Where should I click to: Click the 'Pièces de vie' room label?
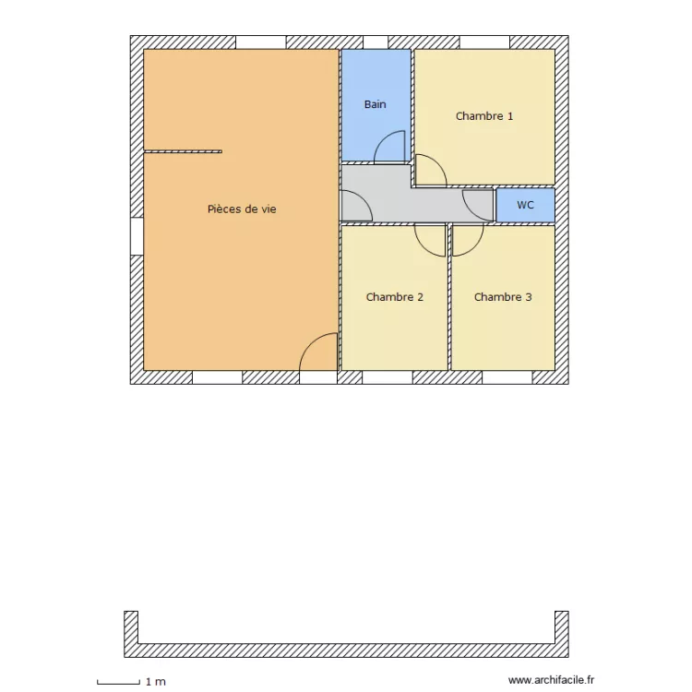coord(242,209)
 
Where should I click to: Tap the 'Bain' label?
coord(375,104)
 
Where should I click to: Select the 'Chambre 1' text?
coord(484,116)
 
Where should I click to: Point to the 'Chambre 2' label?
coord(395,297)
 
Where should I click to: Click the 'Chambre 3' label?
coord(503,297)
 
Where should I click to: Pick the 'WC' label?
coord(525,205)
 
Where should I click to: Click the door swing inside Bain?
coord(391,148)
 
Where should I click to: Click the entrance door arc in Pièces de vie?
coord(318,352)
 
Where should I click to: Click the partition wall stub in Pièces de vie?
coord(183,150)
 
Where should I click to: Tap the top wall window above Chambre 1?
coord(484,42)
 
